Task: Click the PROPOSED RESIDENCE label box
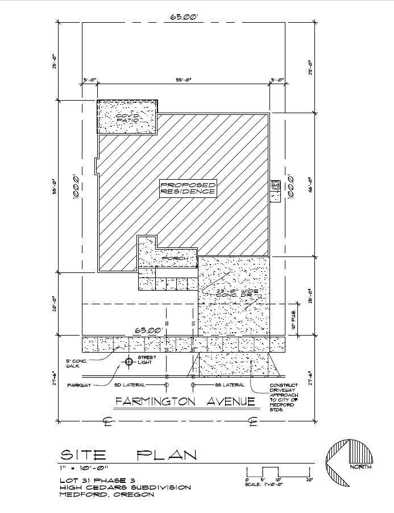pyautogui.click(x=188, y=188)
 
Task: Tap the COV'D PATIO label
pyautogui.click(x=127, y=119)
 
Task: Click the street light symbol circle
pyautogui.click(x=129, y=361)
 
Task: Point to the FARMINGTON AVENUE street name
pyautogui.click(x=185, y=402)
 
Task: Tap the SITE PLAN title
pyautogui.click(x=129, y=455)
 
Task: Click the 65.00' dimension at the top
pyautogui.click(x=185, y=17)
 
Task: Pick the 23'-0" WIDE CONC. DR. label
pyautogui.click(x=238, y=293)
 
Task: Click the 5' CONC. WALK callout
pyautogui.click(x=77, y=363)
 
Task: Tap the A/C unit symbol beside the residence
pyautogui.click(x=275, y=185)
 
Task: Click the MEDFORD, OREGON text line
pyautogui.click(x=107, y=495)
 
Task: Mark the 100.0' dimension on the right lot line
pyautogui.click(x=291, y=186)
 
